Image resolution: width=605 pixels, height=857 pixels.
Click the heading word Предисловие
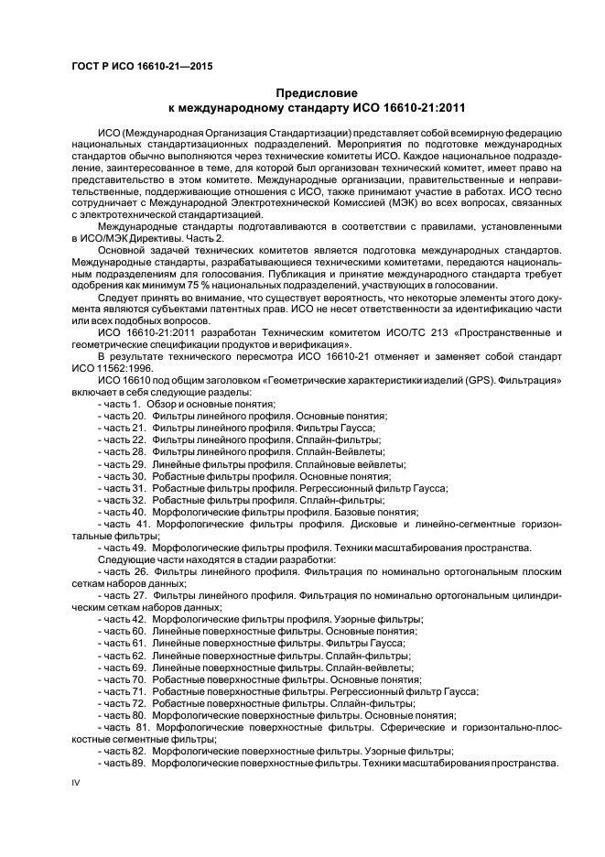(318, 93)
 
